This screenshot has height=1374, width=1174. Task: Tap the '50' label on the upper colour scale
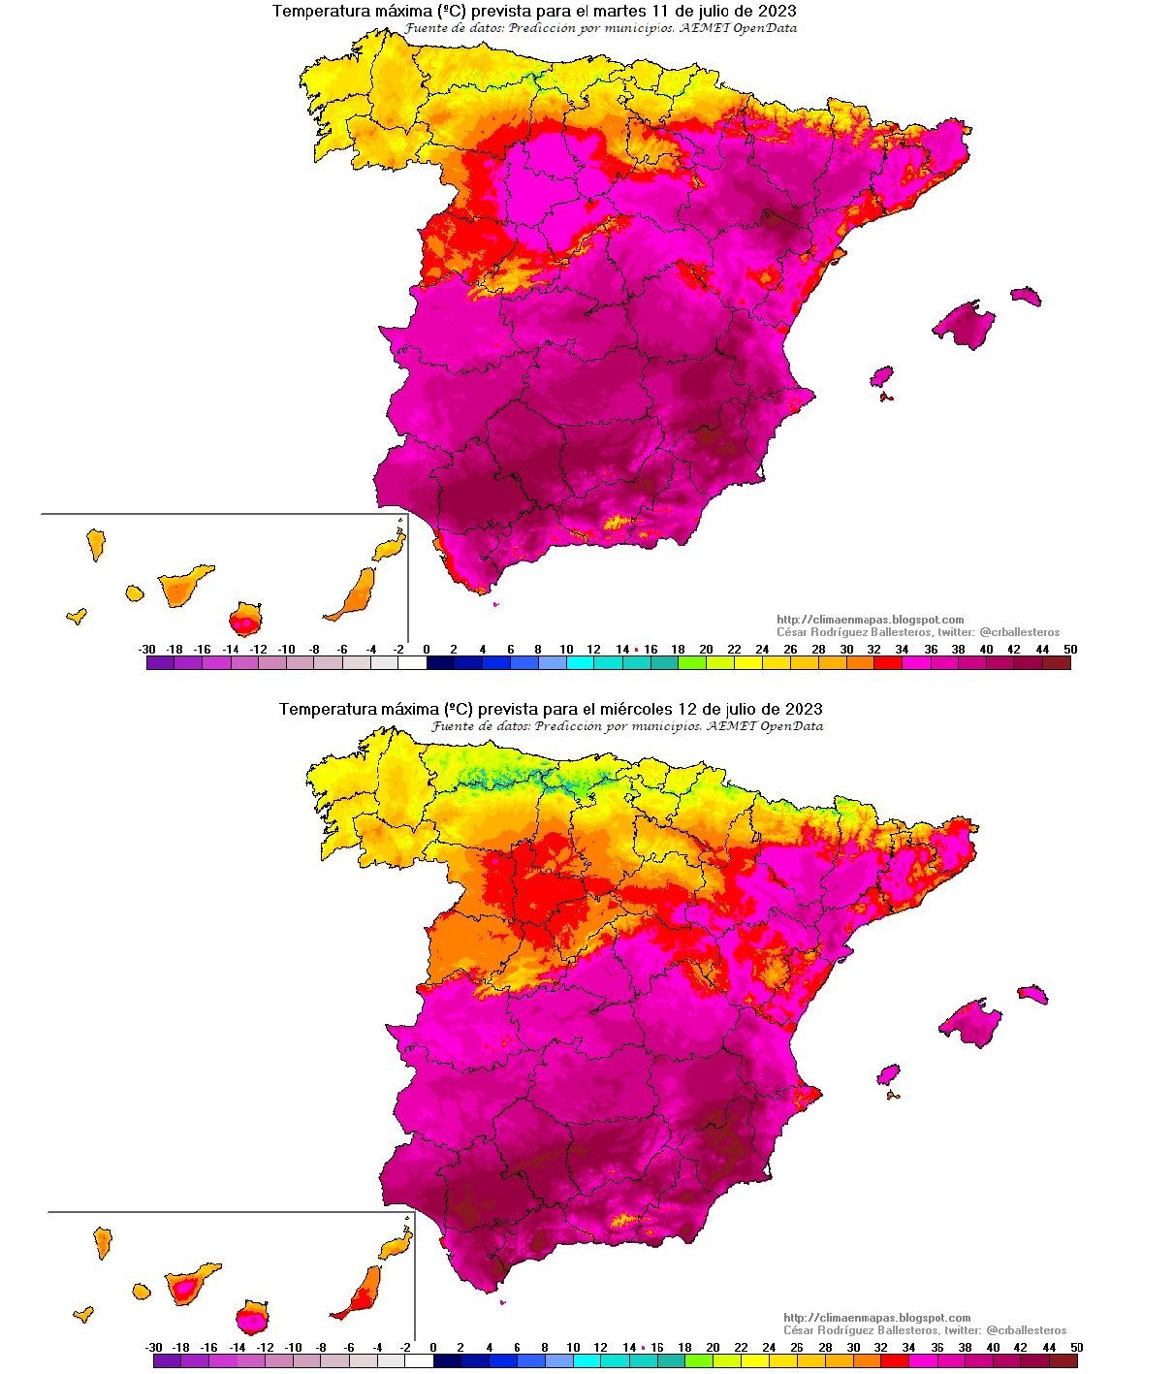tap(1069, 649)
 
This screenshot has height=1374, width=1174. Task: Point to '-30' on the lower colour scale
tap(153, 1347)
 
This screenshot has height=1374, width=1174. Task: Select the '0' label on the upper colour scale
tap(426, 649)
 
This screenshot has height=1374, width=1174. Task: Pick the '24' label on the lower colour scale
tap(769, 1347)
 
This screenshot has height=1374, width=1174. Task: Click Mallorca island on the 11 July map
tap(965, 323)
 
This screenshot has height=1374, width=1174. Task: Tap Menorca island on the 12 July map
tap(1032, 994)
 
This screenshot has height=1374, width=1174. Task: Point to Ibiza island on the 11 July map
tap(881, 375)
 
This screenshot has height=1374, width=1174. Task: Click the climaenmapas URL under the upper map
tap(870, 620)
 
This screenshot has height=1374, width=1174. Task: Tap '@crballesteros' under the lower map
tap(1025, 1330)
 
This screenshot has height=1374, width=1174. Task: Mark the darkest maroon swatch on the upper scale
tap(1056, 663)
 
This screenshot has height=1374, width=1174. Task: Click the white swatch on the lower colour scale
tap(419, 1361)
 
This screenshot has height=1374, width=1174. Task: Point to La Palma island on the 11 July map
tap(95, 543)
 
